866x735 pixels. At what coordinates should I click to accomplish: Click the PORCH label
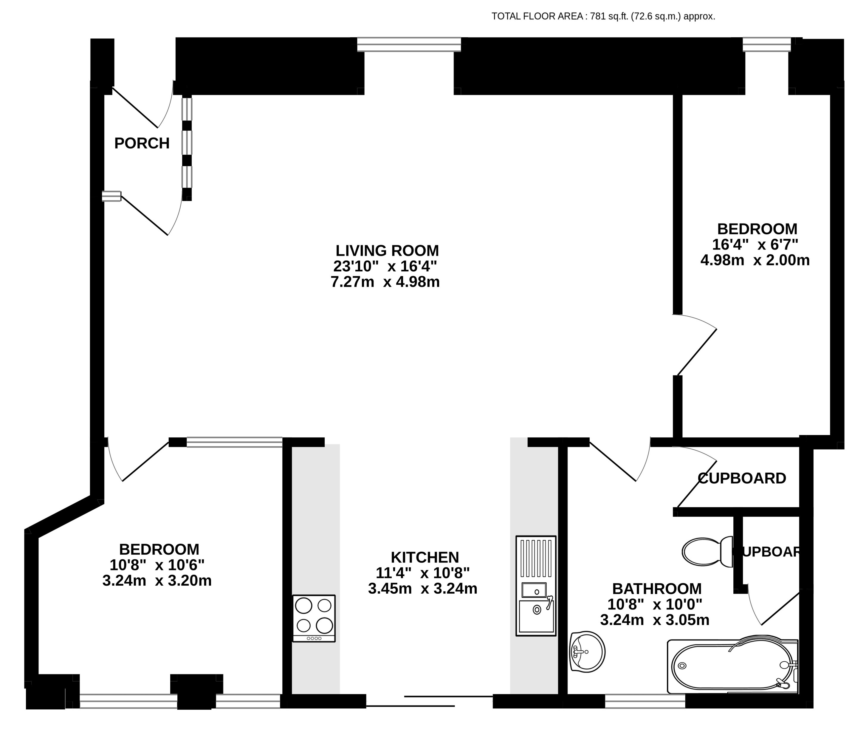(x=142, y=143)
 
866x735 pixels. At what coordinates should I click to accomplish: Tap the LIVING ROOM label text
(x=387, y=251)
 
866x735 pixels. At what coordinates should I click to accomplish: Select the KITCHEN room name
(x=425, y=558)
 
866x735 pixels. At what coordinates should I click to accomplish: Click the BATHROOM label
(x=656, y=589)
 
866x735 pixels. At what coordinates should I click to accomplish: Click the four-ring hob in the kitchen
(x=314, y=618)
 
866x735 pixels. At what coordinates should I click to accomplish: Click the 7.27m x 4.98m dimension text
(x=385, y=282)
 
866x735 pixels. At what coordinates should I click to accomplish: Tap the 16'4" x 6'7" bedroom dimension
(x=755, y=245)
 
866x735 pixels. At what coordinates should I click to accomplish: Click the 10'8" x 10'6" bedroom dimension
(x=157, y=565)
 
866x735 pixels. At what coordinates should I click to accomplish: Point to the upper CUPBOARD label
(x=741, y=478)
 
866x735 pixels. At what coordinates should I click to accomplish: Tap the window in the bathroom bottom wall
(x=645, y=701)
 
